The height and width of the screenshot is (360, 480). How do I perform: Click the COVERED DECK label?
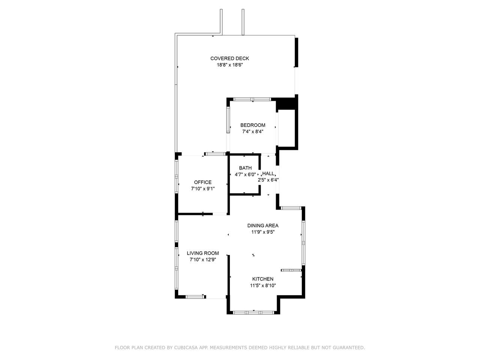(229, 58)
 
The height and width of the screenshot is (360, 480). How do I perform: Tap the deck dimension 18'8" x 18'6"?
(230, 65)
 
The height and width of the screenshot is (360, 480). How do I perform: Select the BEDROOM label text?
(253, 125)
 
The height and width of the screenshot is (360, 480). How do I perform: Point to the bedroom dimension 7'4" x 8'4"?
(253, 132)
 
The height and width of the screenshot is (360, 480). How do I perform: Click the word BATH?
(245, 168)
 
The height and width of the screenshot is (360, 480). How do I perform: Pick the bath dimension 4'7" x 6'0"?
(245, 175)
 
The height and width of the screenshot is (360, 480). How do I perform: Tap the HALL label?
(268, 174)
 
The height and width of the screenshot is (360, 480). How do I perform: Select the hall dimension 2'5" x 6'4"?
(268, 180)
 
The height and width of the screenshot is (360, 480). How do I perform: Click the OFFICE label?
(203, 182)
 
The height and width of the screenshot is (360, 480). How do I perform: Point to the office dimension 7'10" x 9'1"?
(203, 189)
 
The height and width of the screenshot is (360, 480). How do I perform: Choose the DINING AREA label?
(263, 226)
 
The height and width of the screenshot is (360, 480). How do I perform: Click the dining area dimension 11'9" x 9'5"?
(263, 232)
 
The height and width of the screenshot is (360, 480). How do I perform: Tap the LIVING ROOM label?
(203, 253)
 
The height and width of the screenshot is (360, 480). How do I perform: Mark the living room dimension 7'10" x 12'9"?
(203, 260)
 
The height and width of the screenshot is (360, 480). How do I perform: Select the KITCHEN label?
(263, 279)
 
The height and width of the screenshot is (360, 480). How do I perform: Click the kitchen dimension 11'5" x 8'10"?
(263, 286)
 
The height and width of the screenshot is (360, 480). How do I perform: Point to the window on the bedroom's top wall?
(252, 99)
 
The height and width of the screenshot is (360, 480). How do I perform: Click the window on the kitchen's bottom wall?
(253, 313)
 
